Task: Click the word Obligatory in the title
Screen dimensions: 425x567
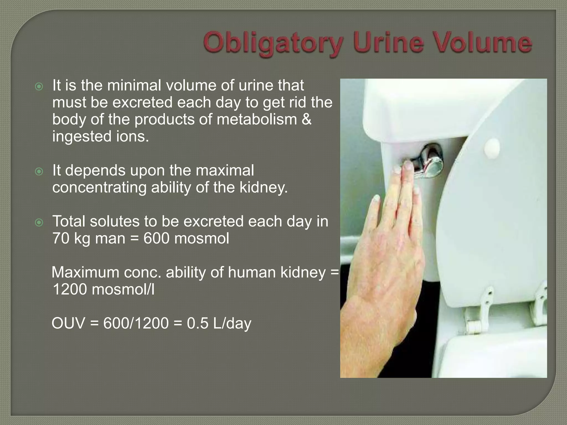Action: [273, 44]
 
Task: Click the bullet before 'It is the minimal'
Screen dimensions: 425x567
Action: [39, 87]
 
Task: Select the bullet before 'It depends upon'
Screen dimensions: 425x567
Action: [39, 172]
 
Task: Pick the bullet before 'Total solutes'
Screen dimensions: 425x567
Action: [39, 223]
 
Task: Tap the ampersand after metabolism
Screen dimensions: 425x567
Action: [306, 119]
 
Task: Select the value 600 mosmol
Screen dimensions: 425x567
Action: [186, 238]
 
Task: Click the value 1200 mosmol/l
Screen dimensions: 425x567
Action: [103, 289]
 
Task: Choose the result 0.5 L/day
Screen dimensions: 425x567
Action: [219, 323]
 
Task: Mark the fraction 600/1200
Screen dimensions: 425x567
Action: [136, 323]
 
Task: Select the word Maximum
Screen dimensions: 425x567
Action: [85, 272]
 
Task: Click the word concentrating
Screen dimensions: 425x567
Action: [99, 187]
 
